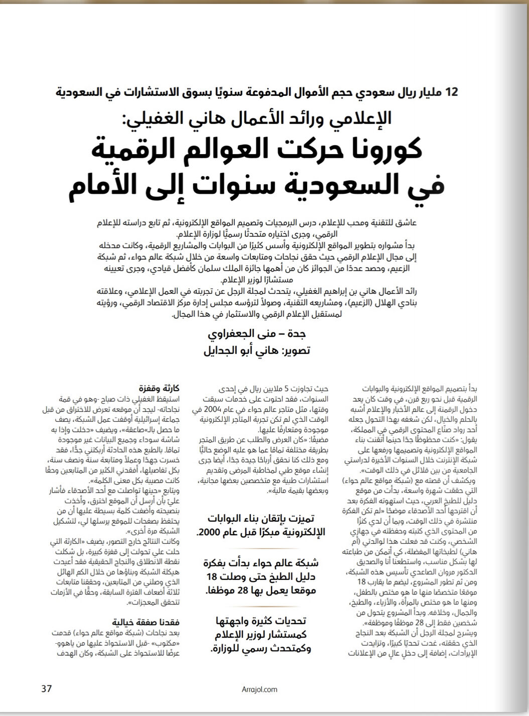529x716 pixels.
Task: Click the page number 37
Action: point(46,688)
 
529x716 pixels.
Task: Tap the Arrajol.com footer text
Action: point(258,689)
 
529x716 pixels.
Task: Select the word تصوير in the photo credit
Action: point(295,350)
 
